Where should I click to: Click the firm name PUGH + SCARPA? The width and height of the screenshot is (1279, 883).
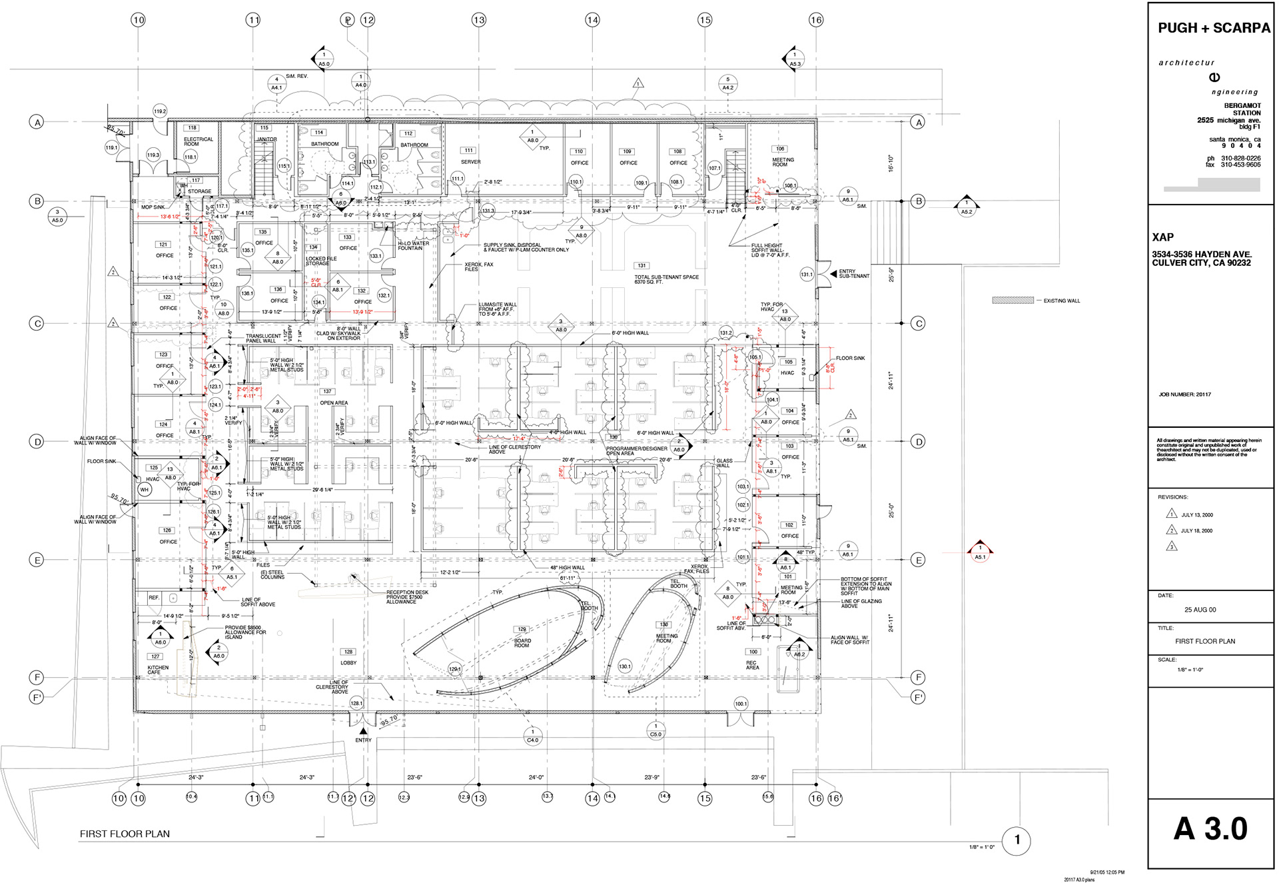point(1214,28)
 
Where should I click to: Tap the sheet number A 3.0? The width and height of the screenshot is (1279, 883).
point(1210,829)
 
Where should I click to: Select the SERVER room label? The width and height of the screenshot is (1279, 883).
point(470,162)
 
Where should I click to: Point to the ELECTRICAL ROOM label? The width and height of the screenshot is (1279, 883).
point(199,141)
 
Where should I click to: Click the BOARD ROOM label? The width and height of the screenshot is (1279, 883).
point(522,643)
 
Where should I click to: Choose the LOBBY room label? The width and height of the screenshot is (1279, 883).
point(348,662)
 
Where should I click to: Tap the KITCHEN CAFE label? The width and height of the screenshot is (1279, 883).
point(158,670)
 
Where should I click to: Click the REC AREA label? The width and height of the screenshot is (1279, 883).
point(752,665)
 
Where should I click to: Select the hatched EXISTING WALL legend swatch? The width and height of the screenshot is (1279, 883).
point(1013,301)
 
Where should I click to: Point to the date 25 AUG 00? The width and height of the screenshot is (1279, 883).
point(1200,610)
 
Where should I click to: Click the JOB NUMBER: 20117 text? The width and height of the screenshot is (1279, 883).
point(1184,395)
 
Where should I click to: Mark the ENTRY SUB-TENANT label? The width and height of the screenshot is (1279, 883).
point(854,274)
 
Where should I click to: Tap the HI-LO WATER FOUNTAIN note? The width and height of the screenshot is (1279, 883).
point(413,246)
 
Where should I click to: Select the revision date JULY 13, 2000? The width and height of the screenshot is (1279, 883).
point(1196,515)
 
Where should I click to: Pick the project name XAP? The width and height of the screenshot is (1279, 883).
point(1162,237)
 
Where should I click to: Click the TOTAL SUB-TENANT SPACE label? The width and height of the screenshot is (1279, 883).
point(666,279)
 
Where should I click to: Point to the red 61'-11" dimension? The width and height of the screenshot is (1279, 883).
point(567,578)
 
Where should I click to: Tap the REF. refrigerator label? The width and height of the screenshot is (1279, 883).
point(154,598)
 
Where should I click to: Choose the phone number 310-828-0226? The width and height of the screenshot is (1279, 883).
point(1240,159)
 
